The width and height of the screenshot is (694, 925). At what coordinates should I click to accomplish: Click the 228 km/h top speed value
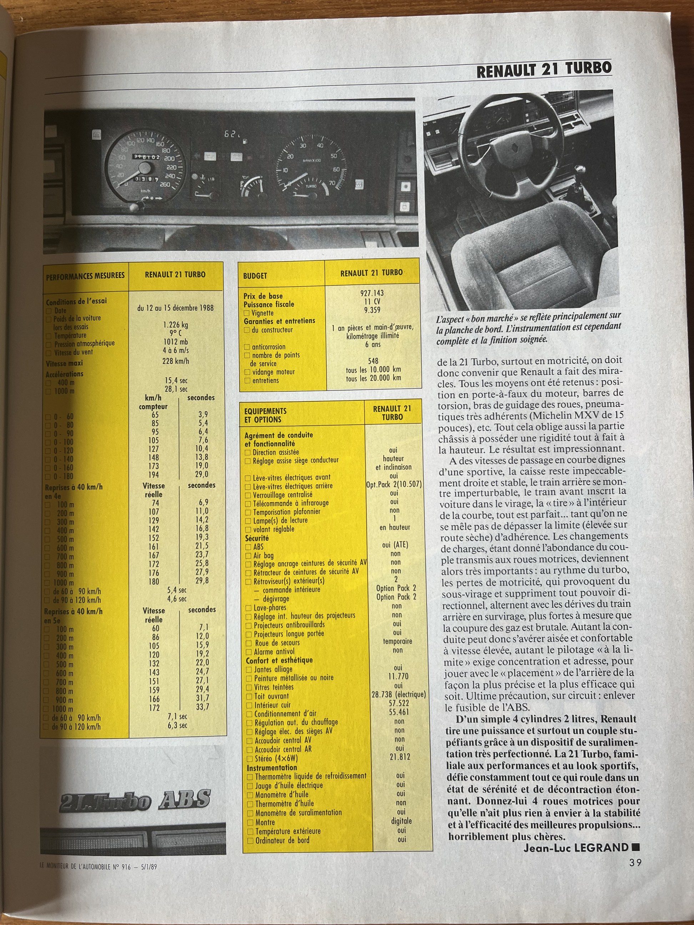pos(176,360)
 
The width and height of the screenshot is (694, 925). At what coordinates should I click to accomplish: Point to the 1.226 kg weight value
pos(175,324)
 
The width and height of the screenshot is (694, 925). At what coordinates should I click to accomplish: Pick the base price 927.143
pos(372,293)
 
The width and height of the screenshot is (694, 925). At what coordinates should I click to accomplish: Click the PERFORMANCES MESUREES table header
pos(85,276)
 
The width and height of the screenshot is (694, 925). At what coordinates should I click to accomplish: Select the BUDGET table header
pos(255,276)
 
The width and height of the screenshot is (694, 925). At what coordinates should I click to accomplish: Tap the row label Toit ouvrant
pos(271,696)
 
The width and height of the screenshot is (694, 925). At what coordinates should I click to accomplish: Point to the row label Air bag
pos(263,555)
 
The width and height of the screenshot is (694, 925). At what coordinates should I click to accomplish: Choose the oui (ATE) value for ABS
pos(395,545)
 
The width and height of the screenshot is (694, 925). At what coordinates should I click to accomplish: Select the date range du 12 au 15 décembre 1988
pos(175,308)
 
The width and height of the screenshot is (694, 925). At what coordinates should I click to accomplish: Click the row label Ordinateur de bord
pos(282,839)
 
